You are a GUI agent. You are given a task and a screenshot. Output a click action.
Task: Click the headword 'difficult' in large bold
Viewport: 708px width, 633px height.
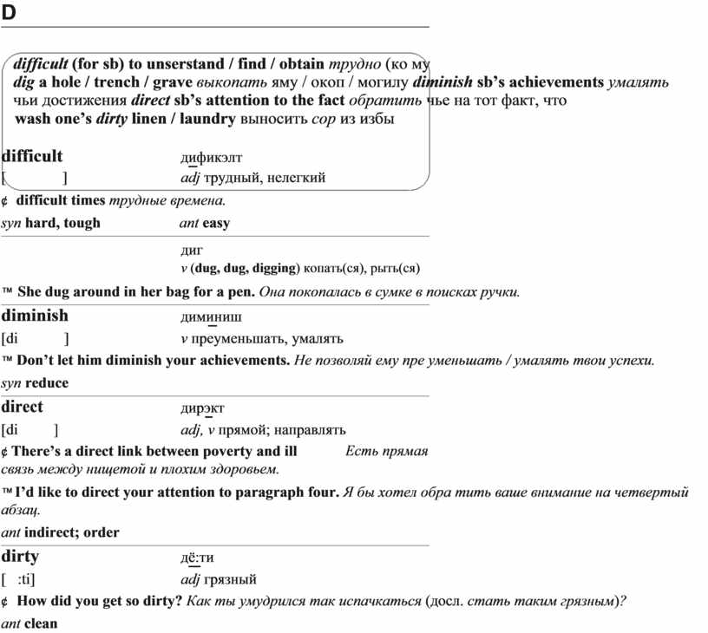tap(32, 156)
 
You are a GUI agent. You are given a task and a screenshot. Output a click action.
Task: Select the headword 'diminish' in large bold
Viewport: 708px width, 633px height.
tap(35, 316)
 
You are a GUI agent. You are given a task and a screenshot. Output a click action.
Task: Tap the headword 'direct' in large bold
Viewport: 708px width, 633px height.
tap(23, 407)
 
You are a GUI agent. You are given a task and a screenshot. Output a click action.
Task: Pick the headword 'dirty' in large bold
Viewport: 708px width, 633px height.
tap(20, 557)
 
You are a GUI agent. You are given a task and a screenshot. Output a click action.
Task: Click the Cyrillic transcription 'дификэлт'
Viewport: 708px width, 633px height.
tap(211, 157)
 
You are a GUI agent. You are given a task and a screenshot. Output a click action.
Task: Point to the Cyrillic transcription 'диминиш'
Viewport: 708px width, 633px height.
tap(213, 316)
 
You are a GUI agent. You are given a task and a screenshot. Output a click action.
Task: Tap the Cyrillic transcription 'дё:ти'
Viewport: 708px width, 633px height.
tap(197, 558)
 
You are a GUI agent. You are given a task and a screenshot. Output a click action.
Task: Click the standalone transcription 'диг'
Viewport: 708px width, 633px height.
tap(191, 249)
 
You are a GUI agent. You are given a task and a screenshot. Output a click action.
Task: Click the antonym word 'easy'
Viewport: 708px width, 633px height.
tap(216, 223)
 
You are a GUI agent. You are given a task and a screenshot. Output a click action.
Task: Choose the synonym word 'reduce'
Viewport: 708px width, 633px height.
tap(47, 382)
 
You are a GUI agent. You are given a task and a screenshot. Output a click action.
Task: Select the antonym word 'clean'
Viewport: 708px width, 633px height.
tap(42, 623)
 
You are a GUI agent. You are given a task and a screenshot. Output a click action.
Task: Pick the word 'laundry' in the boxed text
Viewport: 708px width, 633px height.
tap(204, 119)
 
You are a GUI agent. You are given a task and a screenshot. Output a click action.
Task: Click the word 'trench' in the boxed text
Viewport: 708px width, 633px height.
tap(116, 82)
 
